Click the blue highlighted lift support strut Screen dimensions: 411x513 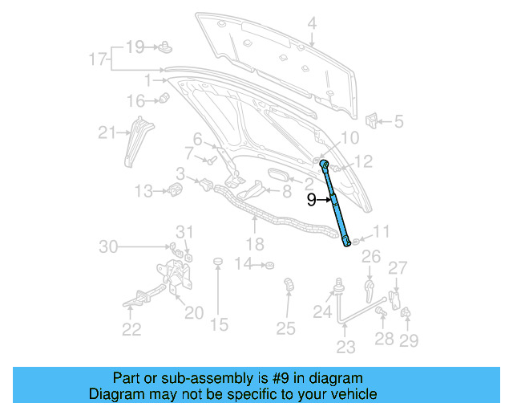(336, 205)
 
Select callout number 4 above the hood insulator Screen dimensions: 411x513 (311, 24)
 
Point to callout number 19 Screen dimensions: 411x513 (134, 47)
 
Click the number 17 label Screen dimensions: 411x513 (98, 59)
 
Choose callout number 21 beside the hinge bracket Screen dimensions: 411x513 (107, 132)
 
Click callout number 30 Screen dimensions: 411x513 (108, 246)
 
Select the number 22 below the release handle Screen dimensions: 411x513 (131, 329)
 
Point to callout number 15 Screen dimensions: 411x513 (219, 324)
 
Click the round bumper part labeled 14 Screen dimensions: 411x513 (269, 264)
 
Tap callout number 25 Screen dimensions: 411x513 (286, 328)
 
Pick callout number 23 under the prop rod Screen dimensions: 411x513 (345, 347)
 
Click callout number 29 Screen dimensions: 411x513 (409, 341)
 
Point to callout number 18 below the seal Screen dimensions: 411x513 (254, 244)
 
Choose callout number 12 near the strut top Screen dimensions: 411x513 (362, 162)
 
